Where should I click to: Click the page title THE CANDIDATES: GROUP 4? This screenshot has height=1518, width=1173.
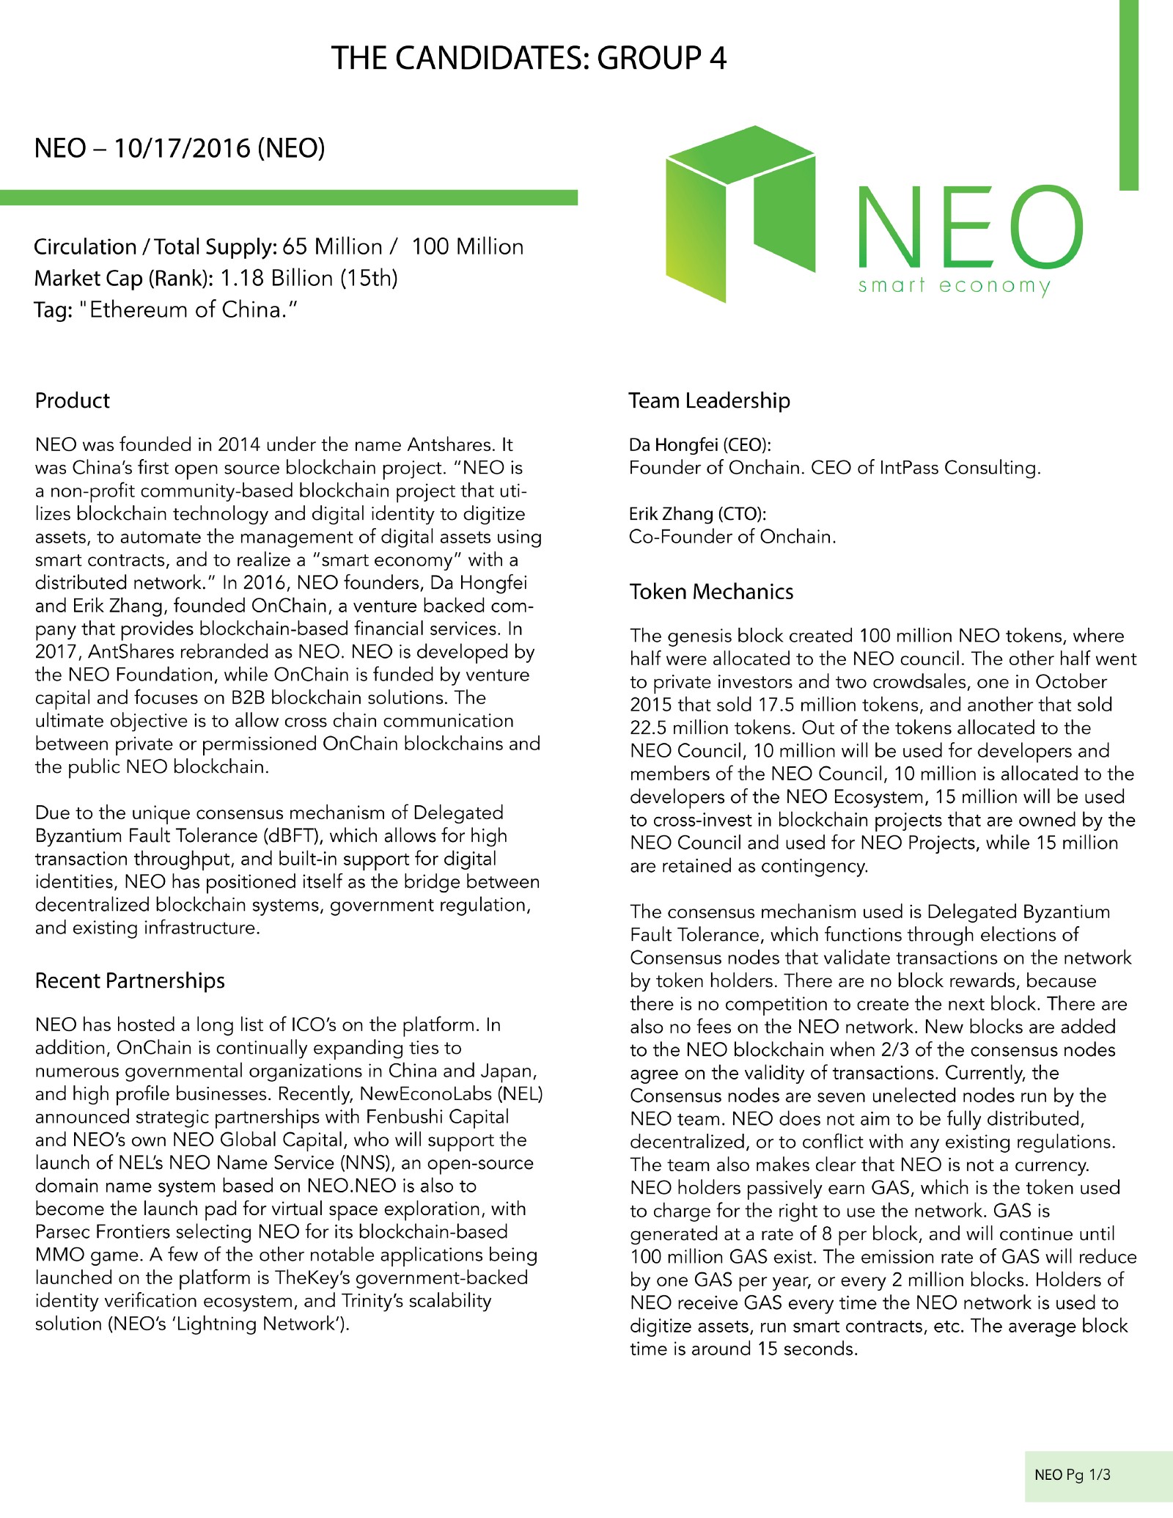coord(529,59)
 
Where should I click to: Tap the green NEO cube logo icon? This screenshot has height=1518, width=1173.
coord(740,213)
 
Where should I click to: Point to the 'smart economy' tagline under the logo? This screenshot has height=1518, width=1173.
coord(955,285)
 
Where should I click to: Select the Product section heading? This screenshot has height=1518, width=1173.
coord(72,400)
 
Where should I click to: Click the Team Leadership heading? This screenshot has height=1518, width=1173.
coord(709,400)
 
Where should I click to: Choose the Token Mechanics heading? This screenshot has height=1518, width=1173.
coord(711,592)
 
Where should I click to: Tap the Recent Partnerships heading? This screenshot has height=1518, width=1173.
coord(130,980)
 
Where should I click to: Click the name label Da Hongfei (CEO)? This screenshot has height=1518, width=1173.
coord(700,444)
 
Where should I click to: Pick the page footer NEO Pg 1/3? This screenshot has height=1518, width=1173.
coord(1072,1474)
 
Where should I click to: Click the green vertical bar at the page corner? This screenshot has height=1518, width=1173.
coord(1129,95)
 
